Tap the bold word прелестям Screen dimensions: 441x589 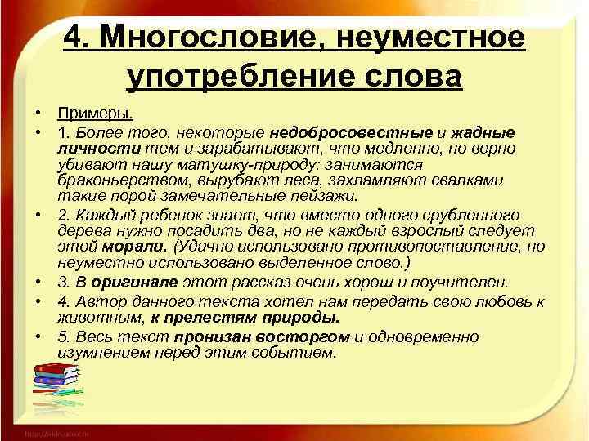click(x=202, y=318)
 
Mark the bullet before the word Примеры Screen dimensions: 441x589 click(x=38, y=114)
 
